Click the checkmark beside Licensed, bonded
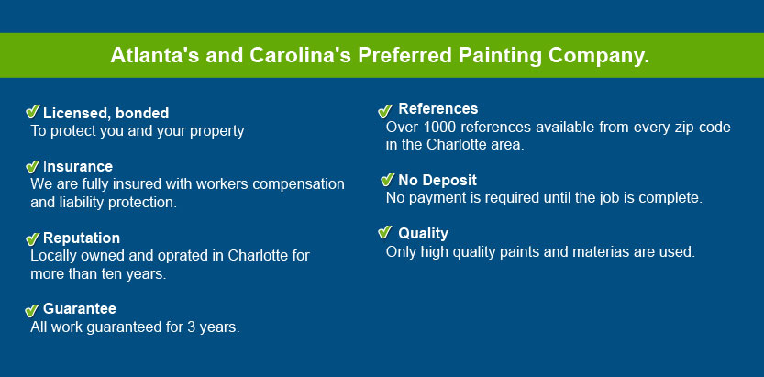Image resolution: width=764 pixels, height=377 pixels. pos(33,112)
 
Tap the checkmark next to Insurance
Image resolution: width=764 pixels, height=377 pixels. pos(33,167)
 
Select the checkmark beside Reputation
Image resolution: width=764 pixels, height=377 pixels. pos(33,238)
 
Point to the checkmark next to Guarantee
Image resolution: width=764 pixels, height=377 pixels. pos(32,310)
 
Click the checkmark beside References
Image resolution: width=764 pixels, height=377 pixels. pos(385,111)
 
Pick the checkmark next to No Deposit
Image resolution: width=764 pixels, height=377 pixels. pos(387,180)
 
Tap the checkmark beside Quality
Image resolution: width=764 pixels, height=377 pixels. pos(385,232)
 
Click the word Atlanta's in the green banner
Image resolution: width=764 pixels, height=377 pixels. pos(155,55)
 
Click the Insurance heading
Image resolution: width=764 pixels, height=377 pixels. pos(78,167)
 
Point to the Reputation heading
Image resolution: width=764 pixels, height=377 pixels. pos(82,238)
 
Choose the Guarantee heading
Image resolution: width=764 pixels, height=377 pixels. pos(80,309)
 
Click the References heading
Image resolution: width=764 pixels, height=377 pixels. pos(438,108)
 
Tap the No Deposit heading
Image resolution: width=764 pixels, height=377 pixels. pos(437,180)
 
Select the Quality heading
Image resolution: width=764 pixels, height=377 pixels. pos(424,234)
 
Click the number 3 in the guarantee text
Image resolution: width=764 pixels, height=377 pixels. pos(191,327)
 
